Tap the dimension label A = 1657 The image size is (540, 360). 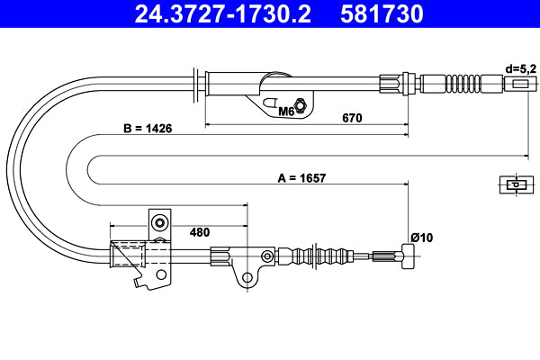click(301, 178)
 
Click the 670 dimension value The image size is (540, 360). click(352, 116)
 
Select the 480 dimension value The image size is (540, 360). click(201, 231)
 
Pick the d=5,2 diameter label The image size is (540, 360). click(519, 67)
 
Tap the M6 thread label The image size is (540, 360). click(285, 112)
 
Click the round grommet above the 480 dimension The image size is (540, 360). click(159, 223)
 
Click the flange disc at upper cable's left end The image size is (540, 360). click(197, 83)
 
